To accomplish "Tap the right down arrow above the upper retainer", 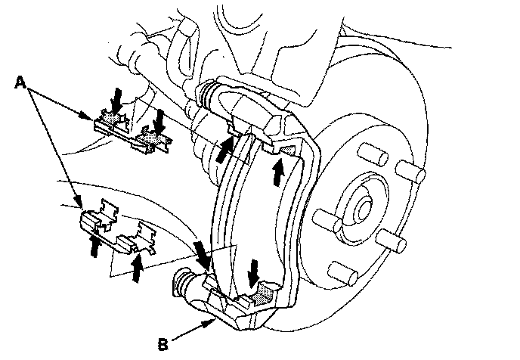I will pyautogui.click(x=159, y=120).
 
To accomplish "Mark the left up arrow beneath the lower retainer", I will pyautogui.click(x=95, y=246).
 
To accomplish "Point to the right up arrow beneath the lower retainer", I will pyautogui.click(x=137, y=267).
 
